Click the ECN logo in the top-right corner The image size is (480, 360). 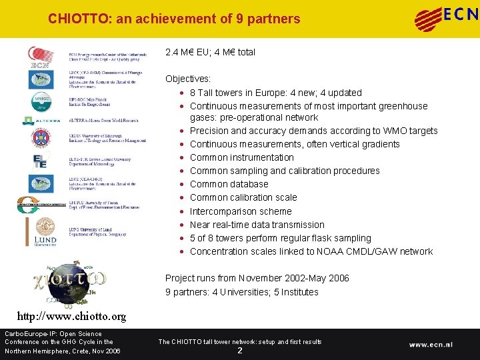[446, 18]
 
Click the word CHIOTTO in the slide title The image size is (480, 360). [79, 19]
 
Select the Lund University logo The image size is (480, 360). [46, 231]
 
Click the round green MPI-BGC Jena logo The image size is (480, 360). [41, 101]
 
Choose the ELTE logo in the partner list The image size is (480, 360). [41, 161]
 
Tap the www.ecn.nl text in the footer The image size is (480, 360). [431, 345]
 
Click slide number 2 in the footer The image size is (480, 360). [240, 351]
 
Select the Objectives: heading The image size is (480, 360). [188, 79]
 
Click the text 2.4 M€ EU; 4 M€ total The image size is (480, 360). [210, 52]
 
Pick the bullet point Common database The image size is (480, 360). [229, 184]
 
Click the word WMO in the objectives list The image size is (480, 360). [393, 131]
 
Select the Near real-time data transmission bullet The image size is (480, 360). [257, 225]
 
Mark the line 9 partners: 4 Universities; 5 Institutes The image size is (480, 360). [242, 292]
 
